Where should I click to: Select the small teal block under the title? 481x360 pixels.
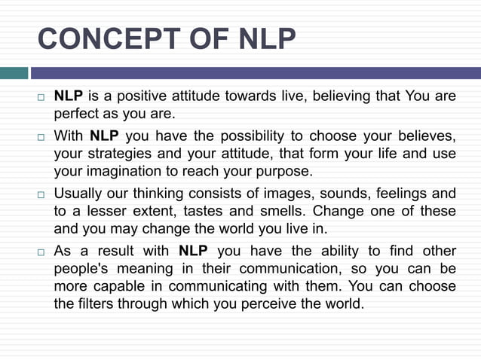click(14, 73)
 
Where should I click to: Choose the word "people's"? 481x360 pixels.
click(82, 268)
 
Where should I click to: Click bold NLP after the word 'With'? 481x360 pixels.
click(104, 136)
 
